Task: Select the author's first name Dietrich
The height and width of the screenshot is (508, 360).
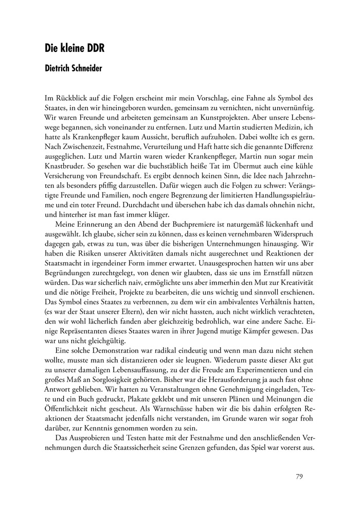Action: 60,68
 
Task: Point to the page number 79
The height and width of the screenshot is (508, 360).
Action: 299,476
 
